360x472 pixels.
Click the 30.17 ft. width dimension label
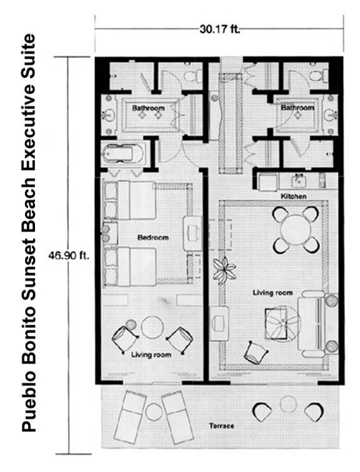pyautogui.click(x=219, y=29)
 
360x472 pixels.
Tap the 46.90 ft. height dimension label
pyautogui.click(x=69, y=255)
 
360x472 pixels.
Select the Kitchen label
pyautogui.click(x=294, y=196)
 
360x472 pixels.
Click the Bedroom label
pyautogui.click(x=153, y=237)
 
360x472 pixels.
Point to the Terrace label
pyautogui.click(x=221, y=426)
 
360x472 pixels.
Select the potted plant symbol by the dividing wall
pyautogui.click(x=223, y=270)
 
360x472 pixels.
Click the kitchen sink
pyautogui.click(x=298, y=180)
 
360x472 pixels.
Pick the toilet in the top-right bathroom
pyautogui.click(x=319, y=76)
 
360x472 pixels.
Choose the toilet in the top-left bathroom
pyautogui.click(x=192, y=76)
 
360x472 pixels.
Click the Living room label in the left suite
pyautogui.click(x=151, y=355)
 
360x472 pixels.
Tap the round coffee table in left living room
pyautogui.click(x=152, y=327)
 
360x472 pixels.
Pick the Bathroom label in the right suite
pyautogui.click(x=297, y=107)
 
